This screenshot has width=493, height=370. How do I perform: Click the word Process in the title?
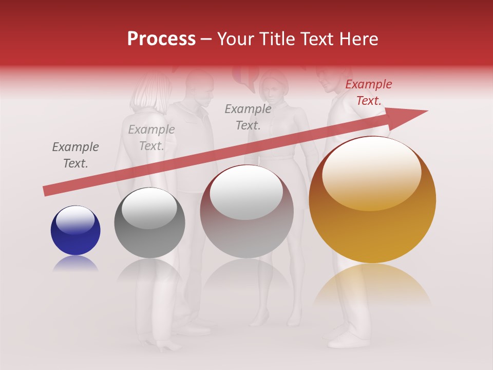tap(161, 39)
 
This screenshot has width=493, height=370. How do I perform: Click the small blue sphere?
tap(75, 230)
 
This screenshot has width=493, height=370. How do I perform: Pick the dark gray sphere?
tap(149, 223)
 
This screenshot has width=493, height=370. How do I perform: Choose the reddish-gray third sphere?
tap(247, 211)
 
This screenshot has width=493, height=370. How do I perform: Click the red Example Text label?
tap(368, 92)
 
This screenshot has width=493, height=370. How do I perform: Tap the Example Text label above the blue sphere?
tap(75, 155)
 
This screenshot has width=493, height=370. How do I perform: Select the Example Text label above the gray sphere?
tap(151, 138)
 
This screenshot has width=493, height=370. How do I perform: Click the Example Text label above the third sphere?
tap(248, 117)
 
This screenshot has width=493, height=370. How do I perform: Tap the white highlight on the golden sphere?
tap(371, 173)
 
